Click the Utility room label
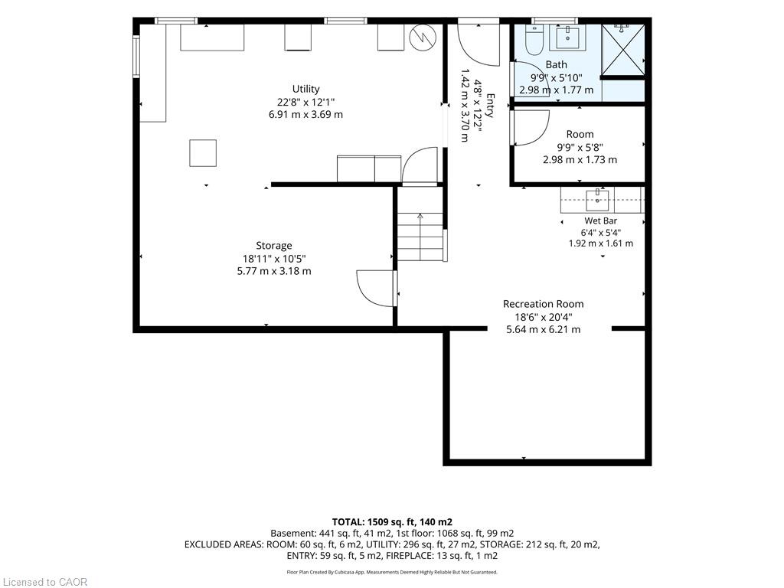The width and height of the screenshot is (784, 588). tap(305, 89)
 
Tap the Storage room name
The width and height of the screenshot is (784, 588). tap(273, 246)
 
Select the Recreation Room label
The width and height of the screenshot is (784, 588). tap(543, 304)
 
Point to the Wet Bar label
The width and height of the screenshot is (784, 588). tap(600, 220)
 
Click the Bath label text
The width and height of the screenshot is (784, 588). tap(556, 64)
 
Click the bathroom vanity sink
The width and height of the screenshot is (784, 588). tap(568, 38)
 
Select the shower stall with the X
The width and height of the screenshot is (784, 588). tap(623, 50)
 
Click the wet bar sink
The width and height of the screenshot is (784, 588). tap(597, 200)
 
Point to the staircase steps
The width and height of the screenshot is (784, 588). tap(420, 237)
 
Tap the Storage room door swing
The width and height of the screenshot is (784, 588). tap(375, 288)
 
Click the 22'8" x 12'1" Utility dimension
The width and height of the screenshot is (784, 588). tap(305, 102)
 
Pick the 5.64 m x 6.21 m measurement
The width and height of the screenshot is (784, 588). tap(543, 329)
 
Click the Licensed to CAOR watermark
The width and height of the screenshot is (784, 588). tap(45, 582)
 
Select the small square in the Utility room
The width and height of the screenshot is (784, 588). tap(202, 153)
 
